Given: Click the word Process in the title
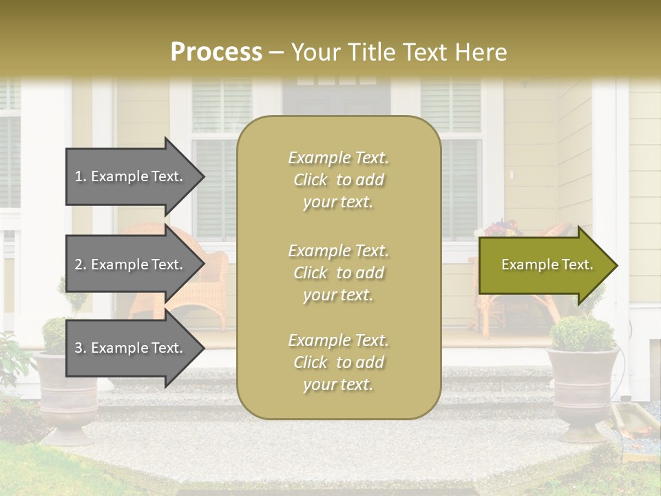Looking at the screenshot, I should point(216,52).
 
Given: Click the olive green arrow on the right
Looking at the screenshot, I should point(544,265).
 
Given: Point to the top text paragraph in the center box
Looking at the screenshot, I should point(338,180).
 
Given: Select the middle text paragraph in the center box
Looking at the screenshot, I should point(338,273).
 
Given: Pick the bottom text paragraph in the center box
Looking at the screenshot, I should point(338,362).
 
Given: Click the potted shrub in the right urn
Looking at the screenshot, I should point(583,333).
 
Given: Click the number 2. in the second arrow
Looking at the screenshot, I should point(81,265).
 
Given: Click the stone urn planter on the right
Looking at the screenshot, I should point(583,393).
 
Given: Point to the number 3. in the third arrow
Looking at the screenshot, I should point(81,348).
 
